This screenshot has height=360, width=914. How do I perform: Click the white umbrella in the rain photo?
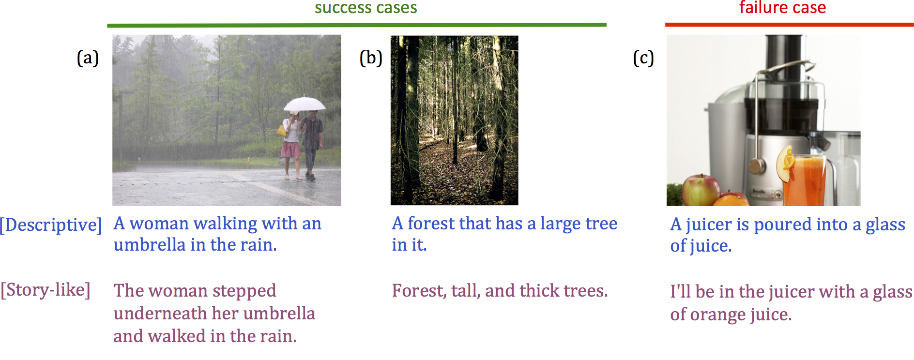tap(305, 104)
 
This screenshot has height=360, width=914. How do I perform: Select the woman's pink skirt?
tap(291, 149)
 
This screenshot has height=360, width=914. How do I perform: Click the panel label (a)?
tap(88, 58)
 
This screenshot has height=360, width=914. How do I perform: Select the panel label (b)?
tap(371, 58)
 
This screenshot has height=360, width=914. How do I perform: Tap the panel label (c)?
tap(643, 58)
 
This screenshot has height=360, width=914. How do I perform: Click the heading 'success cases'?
tap(366, 8)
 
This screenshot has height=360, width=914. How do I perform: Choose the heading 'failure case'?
tap(782, 7)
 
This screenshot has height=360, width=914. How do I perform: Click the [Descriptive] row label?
tap(51, 225)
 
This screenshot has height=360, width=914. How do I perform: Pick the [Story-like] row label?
tap(46, 290)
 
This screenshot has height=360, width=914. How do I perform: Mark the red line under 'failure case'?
tap(789, 24)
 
